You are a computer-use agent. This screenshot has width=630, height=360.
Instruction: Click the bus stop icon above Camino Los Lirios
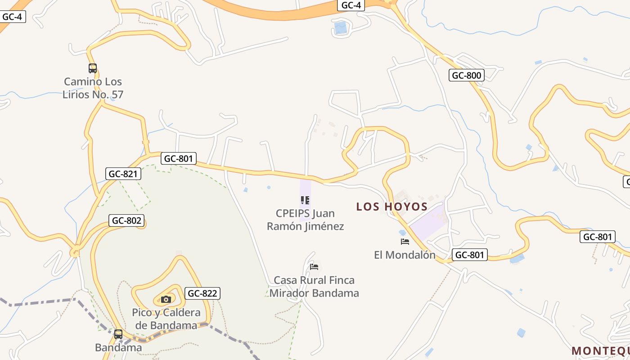[x=93, y=68]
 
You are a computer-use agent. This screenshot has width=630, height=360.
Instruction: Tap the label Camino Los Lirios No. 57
[x=93, y=88]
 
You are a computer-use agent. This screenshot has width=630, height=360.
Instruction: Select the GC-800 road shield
[x=467, y=75]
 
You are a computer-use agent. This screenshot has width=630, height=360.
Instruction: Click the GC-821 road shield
[x=123, y=174]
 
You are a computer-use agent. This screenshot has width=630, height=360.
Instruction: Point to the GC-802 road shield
[x=127, y=220]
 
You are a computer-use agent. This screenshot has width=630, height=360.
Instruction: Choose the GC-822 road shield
[x=202, y=293]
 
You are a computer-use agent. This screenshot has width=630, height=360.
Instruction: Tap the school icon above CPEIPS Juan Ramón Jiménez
[x=305, y=200]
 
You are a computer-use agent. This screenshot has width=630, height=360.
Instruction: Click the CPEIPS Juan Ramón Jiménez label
[x=305, y=220]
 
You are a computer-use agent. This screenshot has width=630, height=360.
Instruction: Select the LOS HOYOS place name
[x=391, y=207]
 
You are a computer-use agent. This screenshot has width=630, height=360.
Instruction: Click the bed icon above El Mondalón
[x=405, y=242]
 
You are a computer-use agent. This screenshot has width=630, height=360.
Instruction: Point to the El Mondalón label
[x=405, y=255]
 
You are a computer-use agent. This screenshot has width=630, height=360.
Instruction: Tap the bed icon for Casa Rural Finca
[x=314, y=267]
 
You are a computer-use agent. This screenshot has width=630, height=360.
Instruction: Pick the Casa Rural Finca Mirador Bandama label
[x=314, y=287]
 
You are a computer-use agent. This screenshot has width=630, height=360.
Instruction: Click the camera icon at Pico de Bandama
[x=166, y=299]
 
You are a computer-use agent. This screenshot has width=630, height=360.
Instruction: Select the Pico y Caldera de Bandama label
[x=166, y=319]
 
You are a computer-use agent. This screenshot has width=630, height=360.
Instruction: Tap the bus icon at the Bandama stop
[x=118, y=334]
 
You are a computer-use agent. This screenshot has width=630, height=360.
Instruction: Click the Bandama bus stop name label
[x=118, y=347]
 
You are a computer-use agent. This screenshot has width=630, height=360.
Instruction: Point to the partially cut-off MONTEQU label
[x=600, y=351]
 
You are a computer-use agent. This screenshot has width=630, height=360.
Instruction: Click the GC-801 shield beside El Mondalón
[x=469, y=255]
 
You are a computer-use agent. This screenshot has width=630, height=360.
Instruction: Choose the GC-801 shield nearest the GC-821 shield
[x=178, y=158]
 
